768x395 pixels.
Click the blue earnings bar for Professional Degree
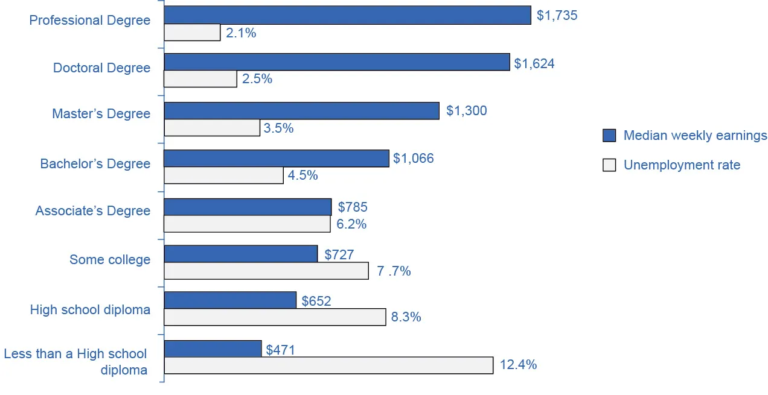tap(347, 15)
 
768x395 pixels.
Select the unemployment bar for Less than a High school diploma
tap(328, 365)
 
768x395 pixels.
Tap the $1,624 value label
tap(534, 63)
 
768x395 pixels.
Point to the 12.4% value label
tap(517, 365)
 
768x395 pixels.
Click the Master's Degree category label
tap(101, 114)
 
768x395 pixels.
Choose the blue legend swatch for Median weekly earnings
tap(609, 136)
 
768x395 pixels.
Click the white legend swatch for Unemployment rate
tap(609, 165)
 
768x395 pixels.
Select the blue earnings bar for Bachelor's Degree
tap(277, 159)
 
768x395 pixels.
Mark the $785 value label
tap(353, 207)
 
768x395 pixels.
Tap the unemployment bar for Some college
tap(266, 271)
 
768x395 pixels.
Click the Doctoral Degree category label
tap(101, 68)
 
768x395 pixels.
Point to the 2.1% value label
tap(241, 33)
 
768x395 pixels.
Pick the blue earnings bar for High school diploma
tap(230, 300)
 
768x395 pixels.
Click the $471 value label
tap(280, 349)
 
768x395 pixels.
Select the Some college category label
tap(110, 259)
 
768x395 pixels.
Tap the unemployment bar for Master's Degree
tap(212, 128)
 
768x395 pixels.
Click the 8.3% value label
tap(406, 317)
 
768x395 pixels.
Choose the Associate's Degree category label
tap(92, 211)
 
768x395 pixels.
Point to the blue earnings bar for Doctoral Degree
tap(337, 62)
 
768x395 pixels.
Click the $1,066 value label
tap(413, 159)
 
